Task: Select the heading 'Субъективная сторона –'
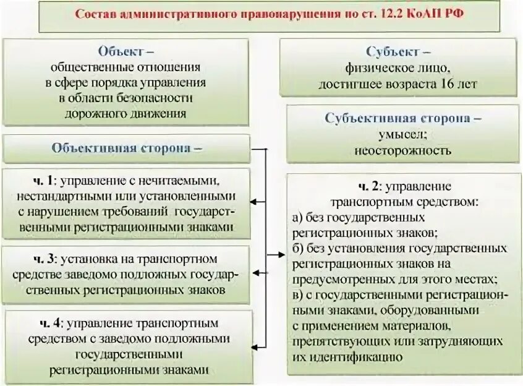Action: pos(404,118)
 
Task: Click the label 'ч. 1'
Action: pos(44,180)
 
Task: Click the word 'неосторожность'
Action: pos(402,150)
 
